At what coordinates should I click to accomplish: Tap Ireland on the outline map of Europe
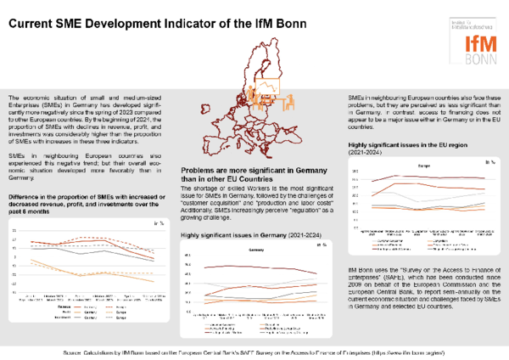[206, 108]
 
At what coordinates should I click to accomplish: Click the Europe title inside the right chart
[423, 166]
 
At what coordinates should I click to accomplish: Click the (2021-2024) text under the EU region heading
[370, 154]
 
